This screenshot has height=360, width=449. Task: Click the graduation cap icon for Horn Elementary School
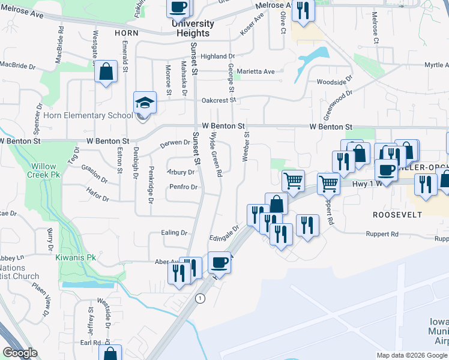click(x=145, y=103)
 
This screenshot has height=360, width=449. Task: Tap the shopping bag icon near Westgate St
click(x=106, y=72)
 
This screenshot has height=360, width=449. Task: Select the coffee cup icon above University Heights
click(x=178, y=8)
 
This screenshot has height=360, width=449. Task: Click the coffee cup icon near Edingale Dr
click(x=219, y=263)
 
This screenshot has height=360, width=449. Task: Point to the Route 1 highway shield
click(x=200, y=298)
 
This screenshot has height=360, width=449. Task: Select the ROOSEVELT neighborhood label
click(x=397, y=214)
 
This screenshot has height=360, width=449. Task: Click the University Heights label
click(x=193, y=28)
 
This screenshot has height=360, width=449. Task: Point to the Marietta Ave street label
click(x=256, y=71)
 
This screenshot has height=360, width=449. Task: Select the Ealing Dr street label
click(x=174, y=232)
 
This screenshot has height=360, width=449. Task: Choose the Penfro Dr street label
click(x=184, y=187)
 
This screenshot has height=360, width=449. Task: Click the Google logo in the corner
click(x=20, y=353)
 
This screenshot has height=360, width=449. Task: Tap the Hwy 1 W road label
click(x=367, y=185)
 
